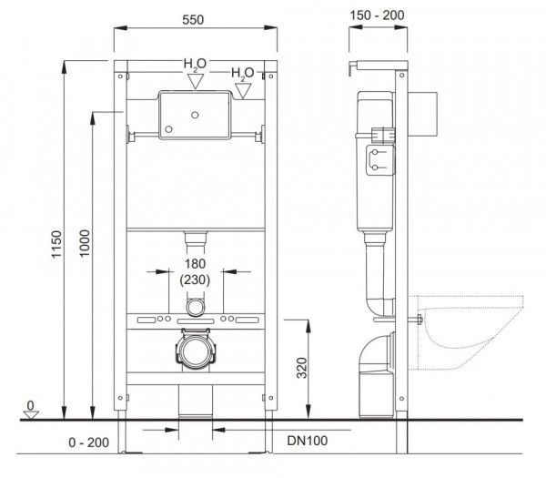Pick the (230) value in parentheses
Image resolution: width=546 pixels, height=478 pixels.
(193, 280)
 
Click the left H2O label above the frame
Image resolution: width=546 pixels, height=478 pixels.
(194, 65)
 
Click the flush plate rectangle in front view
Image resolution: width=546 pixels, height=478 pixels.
(193, 116)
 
